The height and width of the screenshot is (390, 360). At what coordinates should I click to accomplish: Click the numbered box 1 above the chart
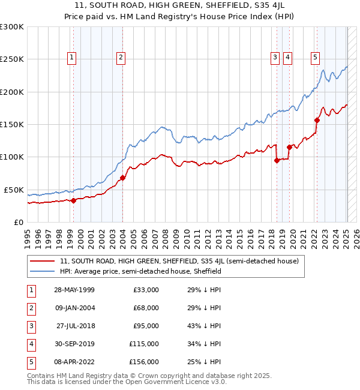click(x=72, y=58)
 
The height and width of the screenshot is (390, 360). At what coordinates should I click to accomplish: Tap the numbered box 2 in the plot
click(x=121, y=58)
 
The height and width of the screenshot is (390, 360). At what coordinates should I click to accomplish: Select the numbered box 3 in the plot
click(x=275, y=58)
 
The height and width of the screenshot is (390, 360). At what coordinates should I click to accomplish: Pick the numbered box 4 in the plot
click(x=288, y=58)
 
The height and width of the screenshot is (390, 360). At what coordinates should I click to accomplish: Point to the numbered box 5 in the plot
click(x=315, y=58)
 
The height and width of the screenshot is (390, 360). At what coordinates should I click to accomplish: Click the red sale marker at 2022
click(x=317, y=120)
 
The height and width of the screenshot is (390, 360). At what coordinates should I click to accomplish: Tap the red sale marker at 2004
click(x=122, y=178)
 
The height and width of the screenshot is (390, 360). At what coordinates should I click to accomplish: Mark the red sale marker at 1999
click(x=73, y=200)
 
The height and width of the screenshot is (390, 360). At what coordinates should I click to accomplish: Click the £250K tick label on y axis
click(x=12, y=59)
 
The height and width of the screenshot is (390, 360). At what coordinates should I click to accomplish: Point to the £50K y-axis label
click(x=14, y=190)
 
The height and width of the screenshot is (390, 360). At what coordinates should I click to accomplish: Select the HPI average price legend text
click(x=141, y=271)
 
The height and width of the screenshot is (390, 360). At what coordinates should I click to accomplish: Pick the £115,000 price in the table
click(x=144, y=344)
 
